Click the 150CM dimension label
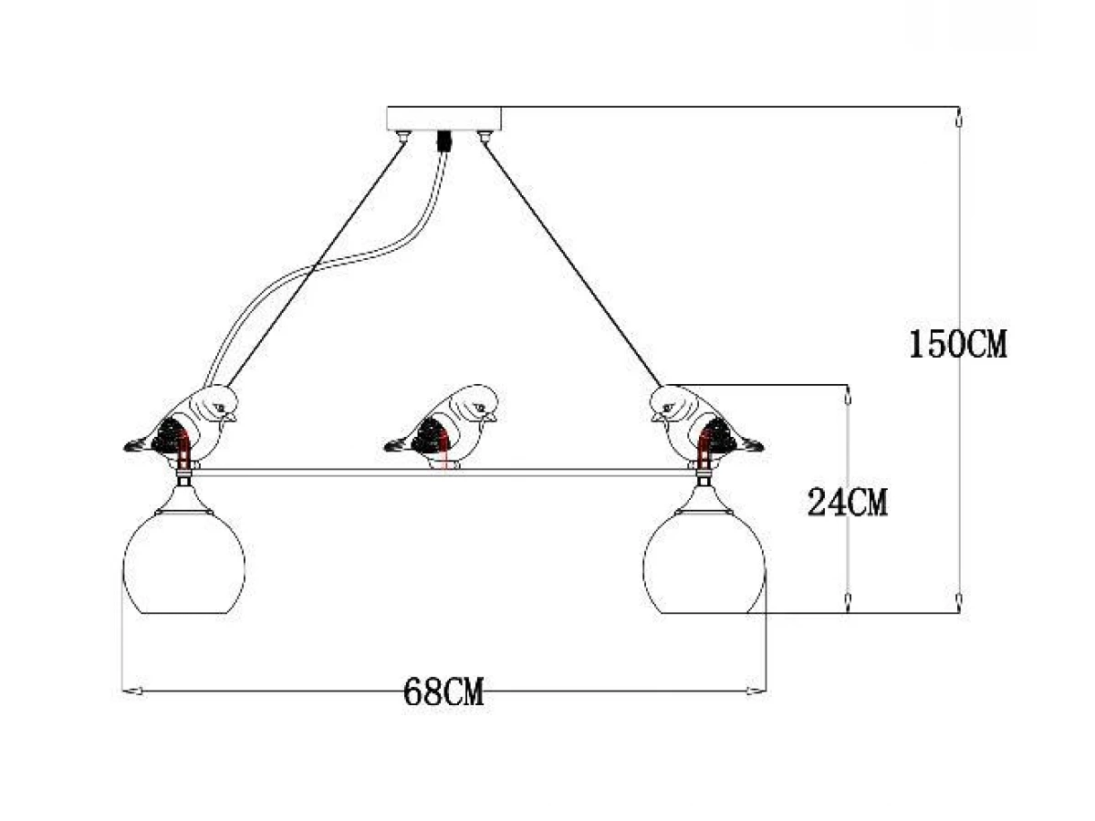click(x=957, y=344)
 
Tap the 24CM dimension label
click(x=847, y=503)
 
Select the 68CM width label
click(x=443, y=691)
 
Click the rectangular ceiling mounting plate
click(x=444, y=119)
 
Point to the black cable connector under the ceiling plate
click(x=443, y=140)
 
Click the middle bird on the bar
click(x=441, y=427)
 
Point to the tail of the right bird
click(x=751, y=444)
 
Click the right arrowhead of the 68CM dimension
click(x=756, y=691)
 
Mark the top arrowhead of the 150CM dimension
click(x=958, y=119)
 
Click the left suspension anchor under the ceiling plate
click(x=403, y=135)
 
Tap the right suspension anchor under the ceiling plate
click(x=484, y=135)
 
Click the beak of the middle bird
click(x=491, y=417)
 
